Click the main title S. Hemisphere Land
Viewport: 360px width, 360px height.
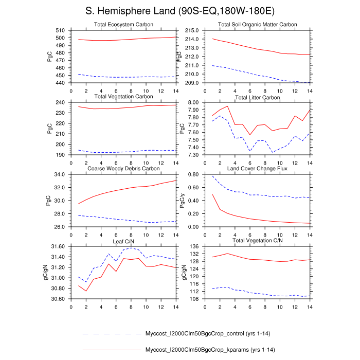(179, 12)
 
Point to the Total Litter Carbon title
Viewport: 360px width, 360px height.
(258, 97)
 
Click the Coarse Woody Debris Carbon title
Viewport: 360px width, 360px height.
(123, 169)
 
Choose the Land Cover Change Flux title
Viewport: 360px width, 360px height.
(258, 169)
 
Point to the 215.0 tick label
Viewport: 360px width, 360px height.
(192, 30)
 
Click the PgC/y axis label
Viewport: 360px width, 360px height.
(181, 201)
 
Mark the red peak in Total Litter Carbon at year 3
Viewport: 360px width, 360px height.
(227, 106)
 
